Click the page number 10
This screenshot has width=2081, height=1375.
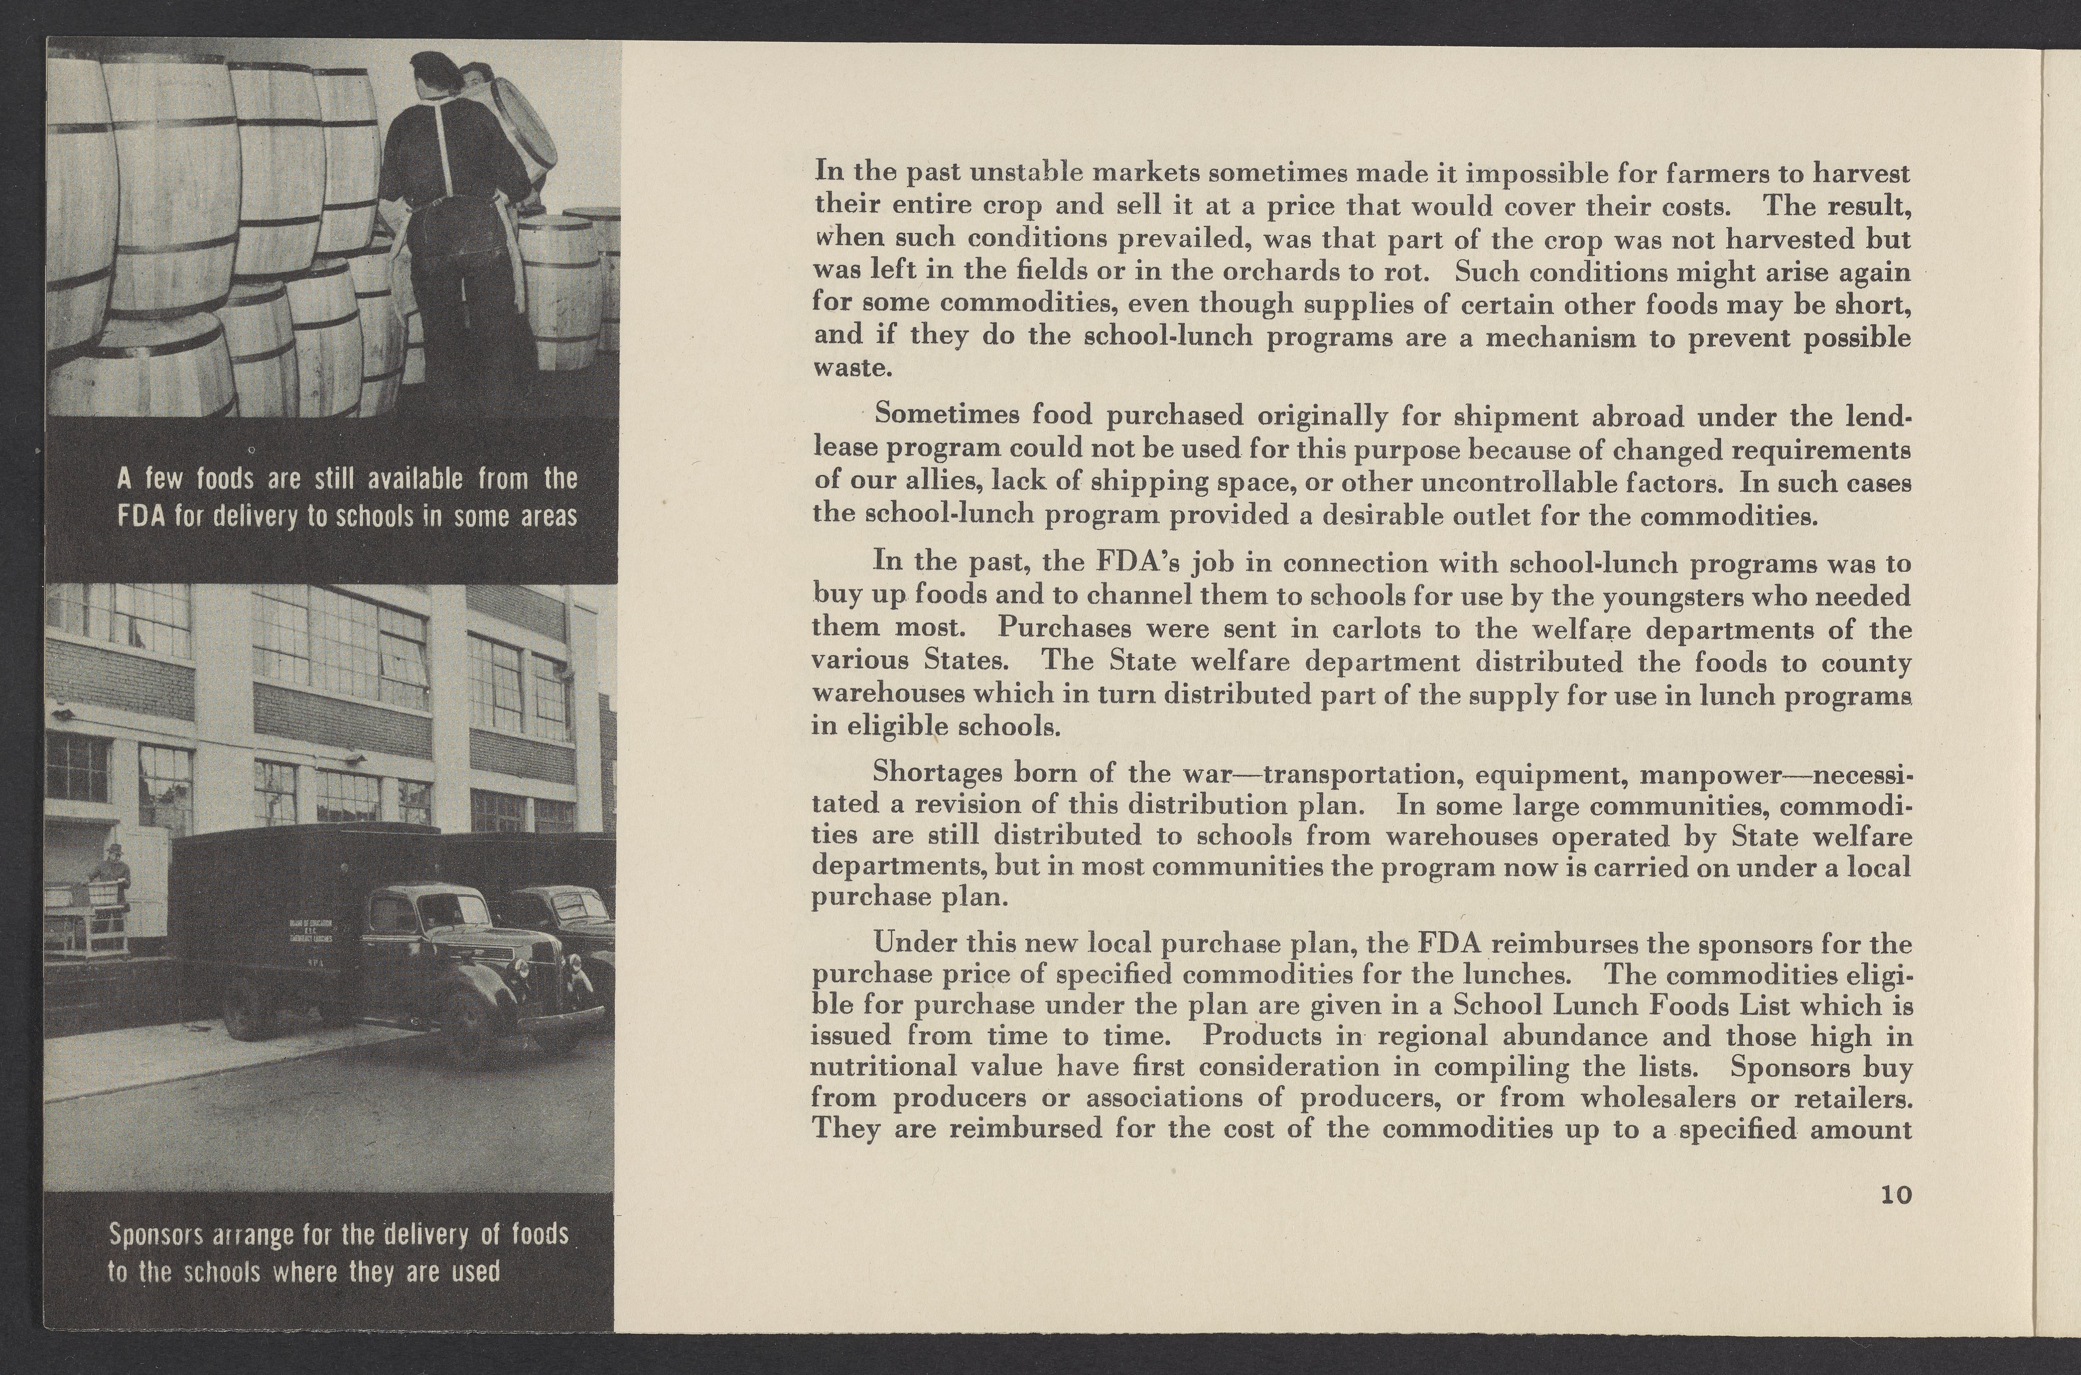pyautogui.click(x=1895, y=1195)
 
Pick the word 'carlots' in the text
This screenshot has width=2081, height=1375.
pyautogui.click(x=1377, y=629)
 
